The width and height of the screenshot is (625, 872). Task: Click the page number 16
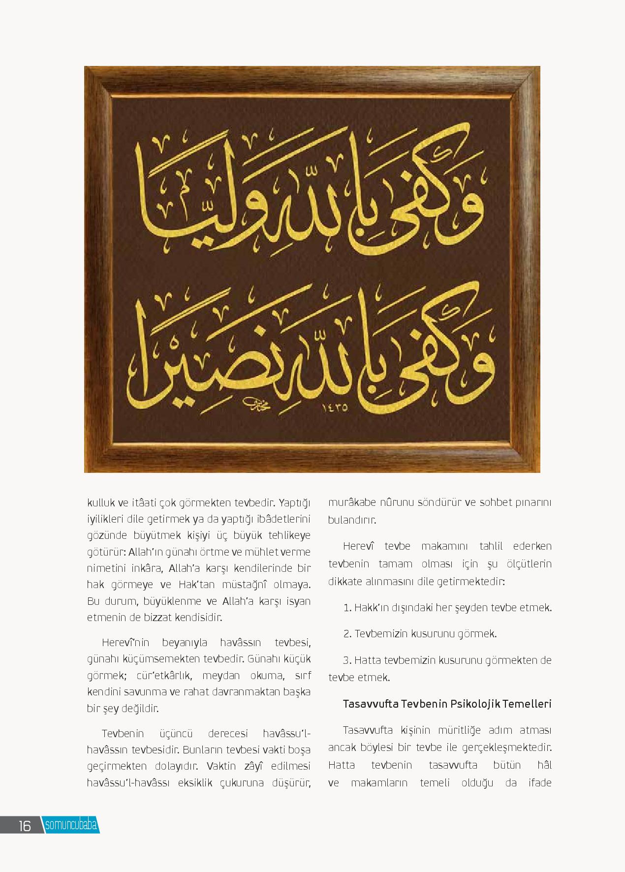point(24,825)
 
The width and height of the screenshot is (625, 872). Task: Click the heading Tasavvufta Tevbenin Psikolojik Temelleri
point(447,703)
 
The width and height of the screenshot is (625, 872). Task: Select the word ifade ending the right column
point(540,783)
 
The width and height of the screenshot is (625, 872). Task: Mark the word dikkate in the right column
point(345,581)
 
